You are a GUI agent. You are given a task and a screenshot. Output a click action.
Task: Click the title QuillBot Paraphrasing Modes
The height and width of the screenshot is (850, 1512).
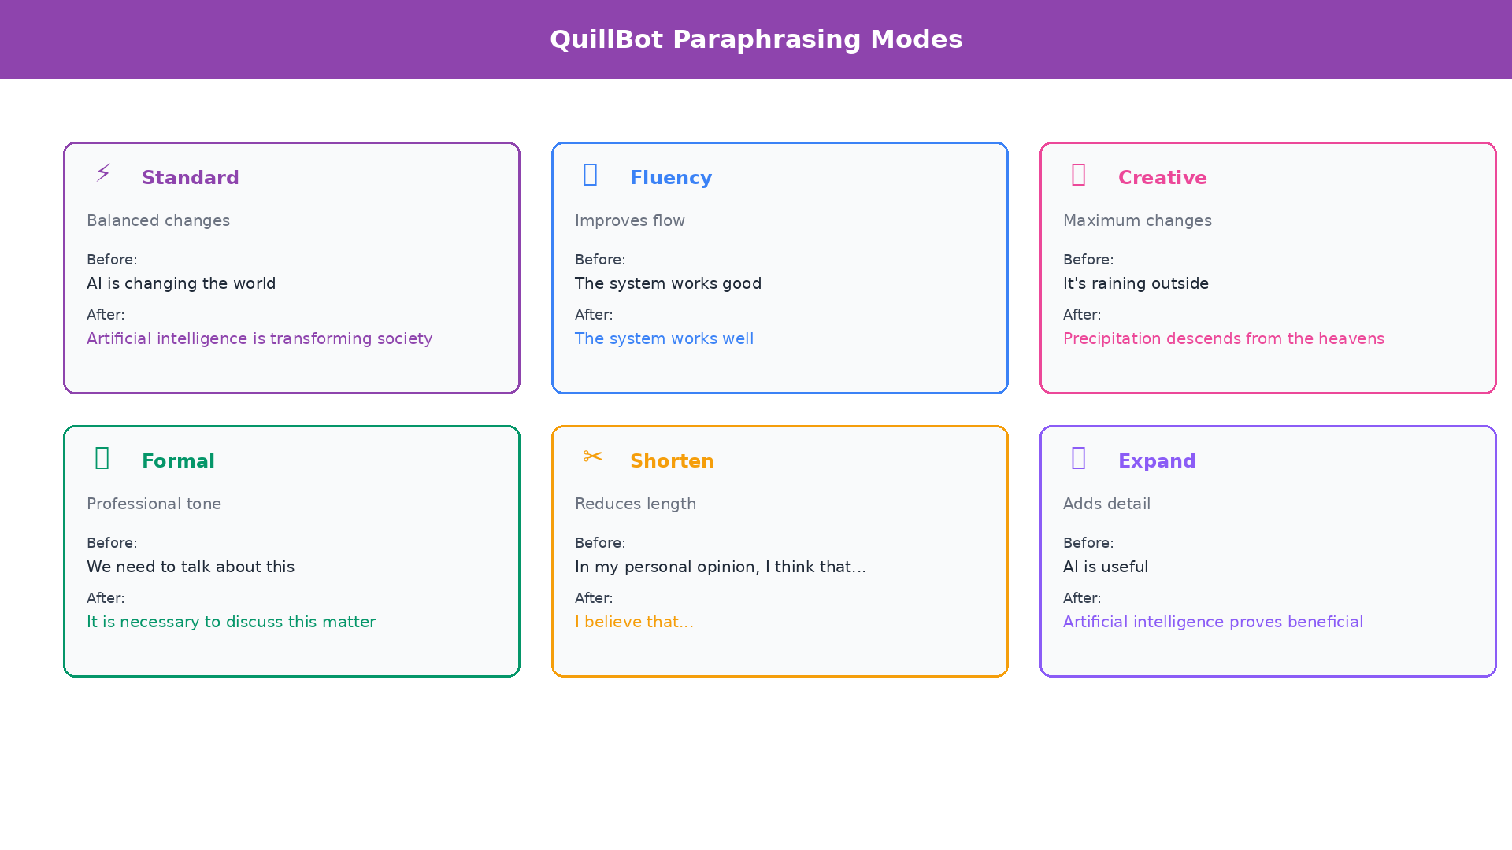coord(756,39)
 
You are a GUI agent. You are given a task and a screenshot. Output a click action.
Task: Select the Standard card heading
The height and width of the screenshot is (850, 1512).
coord(190,178)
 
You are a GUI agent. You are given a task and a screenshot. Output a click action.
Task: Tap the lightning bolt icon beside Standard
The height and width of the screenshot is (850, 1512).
coord(103,172)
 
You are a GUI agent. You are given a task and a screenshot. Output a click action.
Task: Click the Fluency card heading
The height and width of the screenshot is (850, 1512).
coord(670,178)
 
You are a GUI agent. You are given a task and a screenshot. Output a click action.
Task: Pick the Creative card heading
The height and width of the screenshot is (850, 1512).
coord(1162,178)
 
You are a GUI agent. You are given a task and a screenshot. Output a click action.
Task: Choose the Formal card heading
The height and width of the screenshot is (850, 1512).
coord(178,461)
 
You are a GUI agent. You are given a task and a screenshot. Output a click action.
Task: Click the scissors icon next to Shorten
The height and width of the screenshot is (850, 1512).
coord(592,456)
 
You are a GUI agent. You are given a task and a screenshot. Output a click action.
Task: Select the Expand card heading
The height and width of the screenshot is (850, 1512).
coord(1156,461)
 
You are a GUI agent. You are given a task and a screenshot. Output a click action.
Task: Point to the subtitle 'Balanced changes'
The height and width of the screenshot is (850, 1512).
coord(158,220)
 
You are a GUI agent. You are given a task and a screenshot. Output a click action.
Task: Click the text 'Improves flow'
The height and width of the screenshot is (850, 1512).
coord(630,220)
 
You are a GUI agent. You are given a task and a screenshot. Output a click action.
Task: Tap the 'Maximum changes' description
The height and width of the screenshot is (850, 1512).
coord(1137,220)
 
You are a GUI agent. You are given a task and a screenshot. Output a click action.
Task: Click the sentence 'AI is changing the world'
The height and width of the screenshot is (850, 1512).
coord(181,283)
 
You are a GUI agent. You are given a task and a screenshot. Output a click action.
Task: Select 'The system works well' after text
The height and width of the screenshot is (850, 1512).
coord(664,338)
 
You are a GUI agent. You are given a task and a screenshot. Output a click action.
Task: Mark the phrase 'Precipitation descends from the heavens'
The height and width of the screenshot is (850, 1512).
coord(1223,338)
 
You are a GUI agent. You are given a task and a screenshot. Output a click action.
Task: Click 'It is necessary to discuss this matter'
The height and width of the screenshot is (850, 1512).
coord(231,622)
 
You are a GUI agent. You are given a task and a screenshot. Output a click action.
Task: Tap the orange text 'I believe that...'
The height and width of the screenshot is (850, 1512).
coord(634,622)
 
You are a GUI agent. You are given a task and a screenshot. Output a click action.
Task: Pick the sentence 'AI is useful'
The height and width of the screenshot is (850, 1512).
coord(1105,567)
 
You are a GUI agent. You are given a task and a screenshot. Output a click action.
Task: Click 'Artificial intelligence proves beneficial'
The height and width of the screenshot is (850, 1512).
coord(1213,622)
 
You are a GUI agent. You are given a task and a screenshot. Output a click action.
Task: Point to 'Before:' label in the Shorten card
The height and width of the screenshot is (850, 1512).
coord(600,543)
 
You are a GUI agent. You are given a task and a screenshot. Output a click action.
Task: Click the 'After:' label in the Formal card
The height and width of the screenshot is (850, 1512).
coord(106,598)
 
